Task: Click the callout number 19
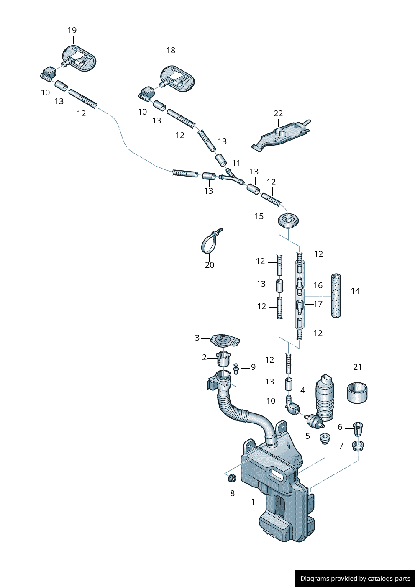tap(72, 30)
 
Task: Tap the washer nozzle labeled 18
tap(178, 78)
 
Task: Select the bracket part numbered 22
tap(281, 134)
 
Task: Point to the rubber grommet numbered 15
tap(288, 220)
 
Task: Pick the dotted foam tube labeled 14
tap(336, 295)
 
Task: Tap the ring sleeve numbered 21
tap(357, 393)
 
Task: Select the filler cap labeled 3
tap(225, 340)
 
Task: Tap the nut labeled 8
tap(233, 477)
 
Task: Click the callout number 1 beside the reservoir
tap(253, 501)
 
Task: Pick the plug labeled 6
tap(358, 428)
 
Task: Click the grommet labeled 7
tap(357, 446)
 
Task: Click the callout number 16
tap(318, 285)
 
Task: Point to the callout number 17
tap(318, 304)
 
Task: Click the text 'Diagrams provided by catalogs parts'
tap(355, 579)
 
